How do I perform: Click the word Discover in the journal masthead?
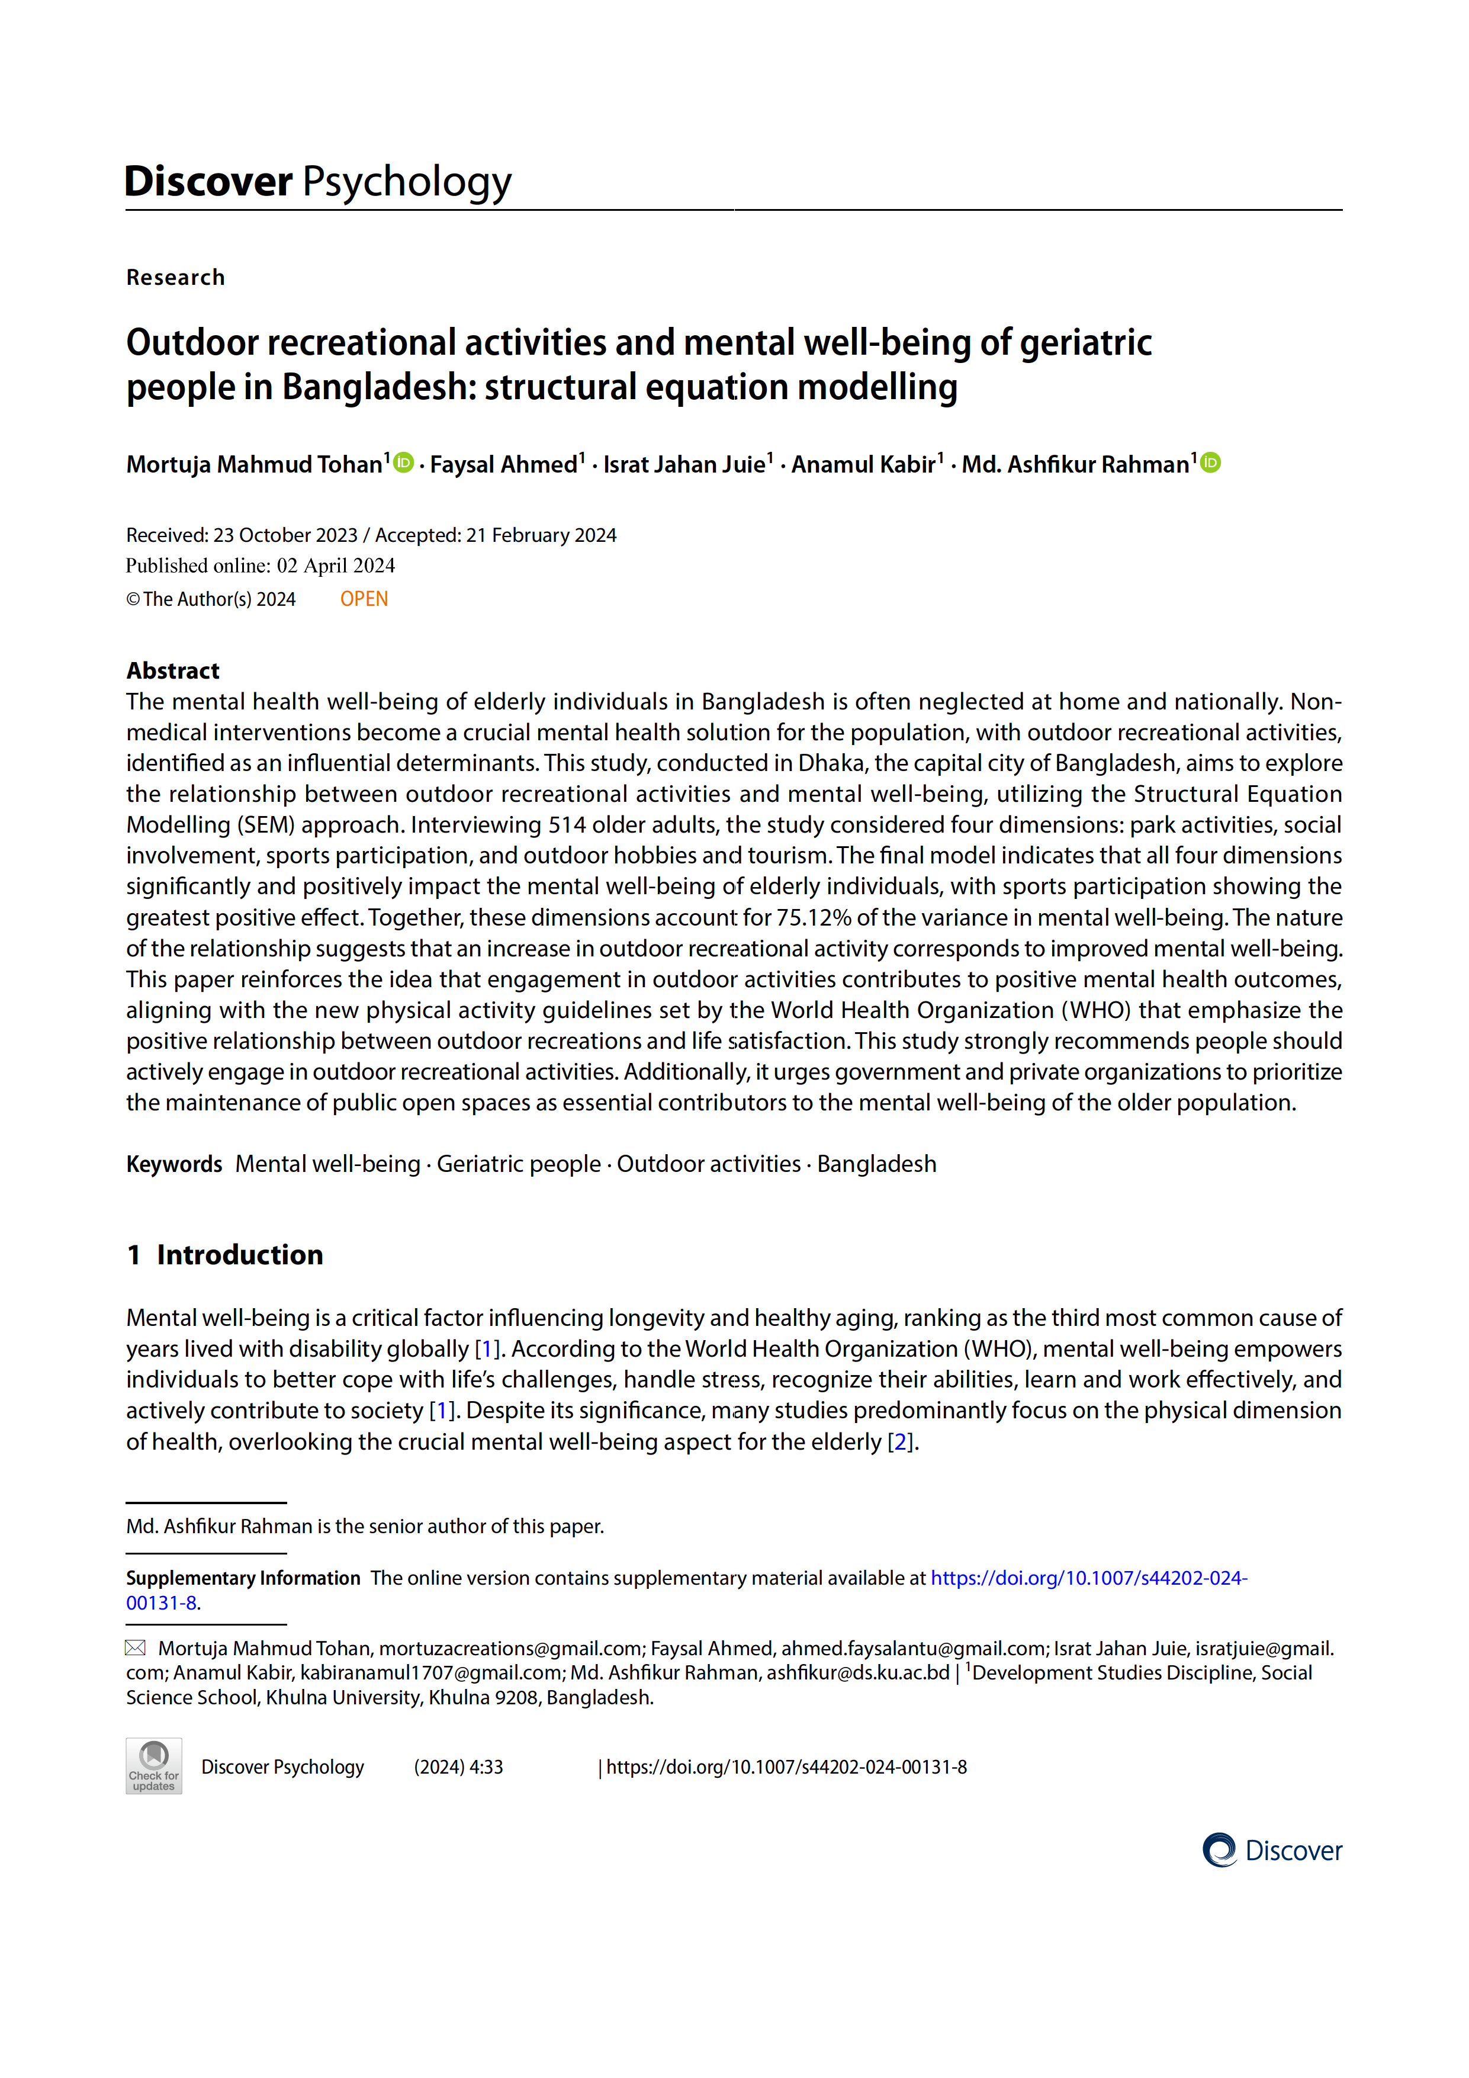208,181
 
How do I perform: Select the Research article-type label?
176,277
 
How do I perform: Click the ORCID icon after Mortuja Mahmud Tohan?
404,463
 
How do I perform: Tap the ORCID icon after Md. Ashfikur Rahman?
1210,463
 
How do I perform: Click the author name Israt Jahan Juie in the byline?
684,464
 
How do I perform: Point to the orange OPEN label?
364,599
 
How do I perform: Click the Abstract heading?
173,670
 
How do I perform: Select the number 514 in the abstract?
567,824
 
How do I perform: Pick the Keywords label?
174,1164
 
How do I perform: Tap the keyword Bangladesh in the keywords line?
876,1164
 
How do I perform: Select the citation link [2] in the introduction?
899,1442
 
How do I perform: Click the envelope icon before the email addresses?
135,1647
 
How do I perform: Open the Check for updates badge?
154,1766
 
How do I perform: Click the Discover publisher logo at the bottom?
1272,1851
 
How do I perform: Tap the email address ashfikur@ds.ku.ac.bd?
858,1672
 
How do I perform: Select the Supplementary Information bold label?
243,1578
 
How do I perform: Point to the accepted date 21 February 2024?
541,535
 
